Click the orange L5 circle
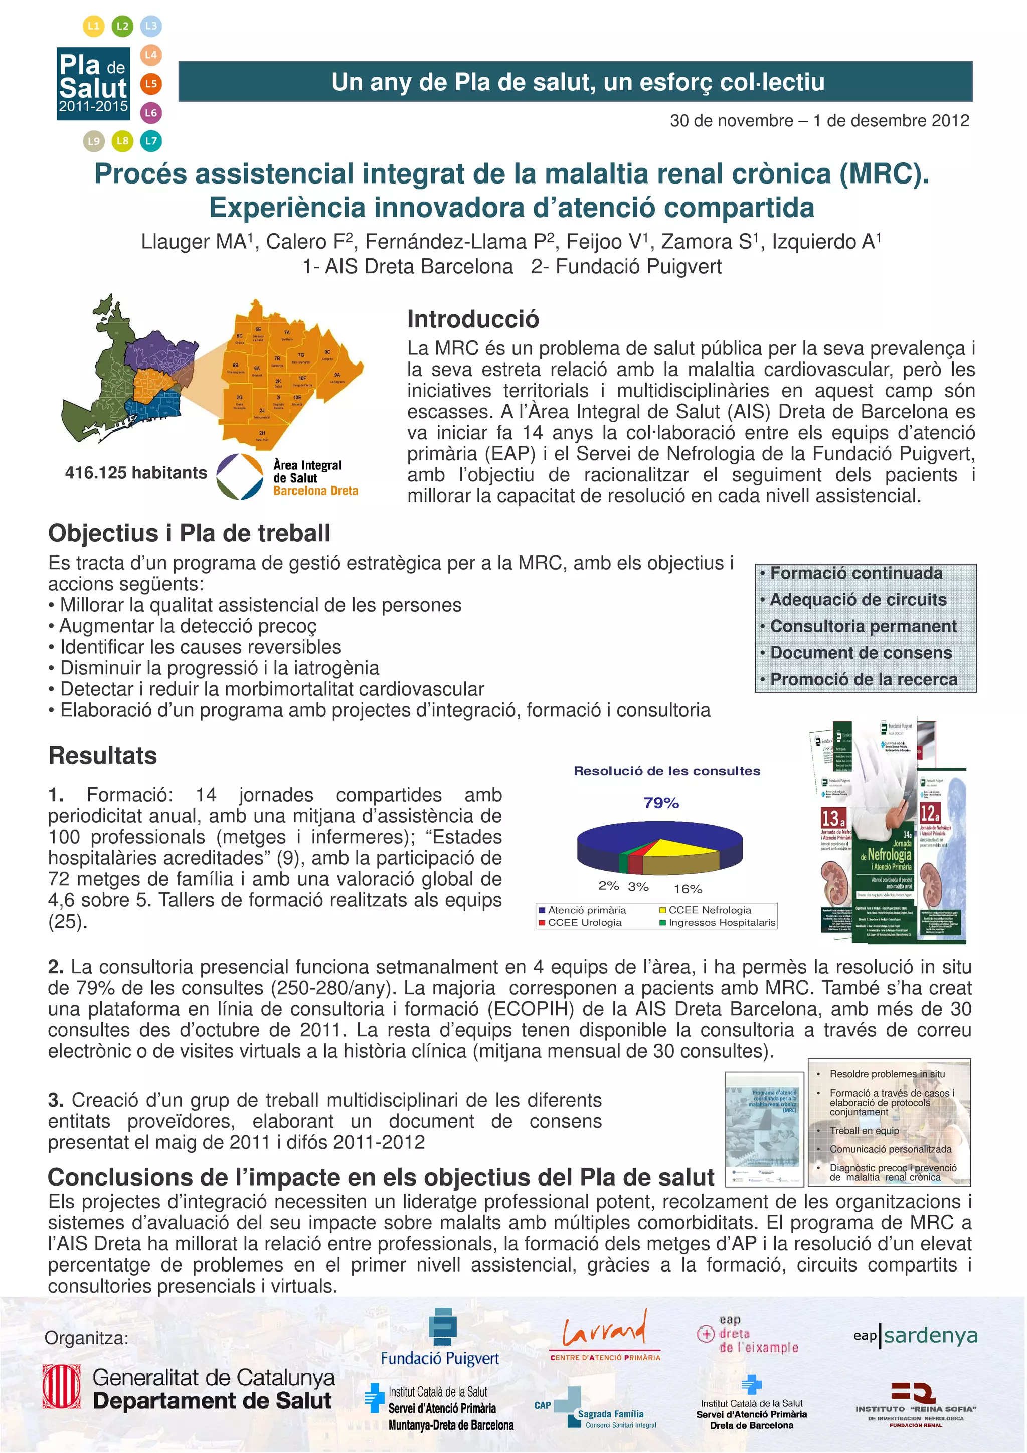coord(150,84)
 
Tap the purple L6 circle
coord(150,113)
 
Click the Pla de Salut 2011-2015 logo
coord(93,84)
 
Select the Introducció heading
coord(473,319)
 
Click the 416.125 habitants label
coord(135,473)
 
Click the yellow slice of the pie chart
coord(690,848)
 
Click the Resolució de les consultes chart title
coord(666,771)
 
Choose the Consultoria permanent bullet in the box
coord(863,626)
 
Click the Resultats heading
coord(102,755)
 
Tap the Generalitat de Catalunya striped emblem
coord(61,1386)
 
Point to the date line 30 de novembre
coord(819,121)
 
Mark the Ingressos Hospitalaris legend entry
coord(721,922)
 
